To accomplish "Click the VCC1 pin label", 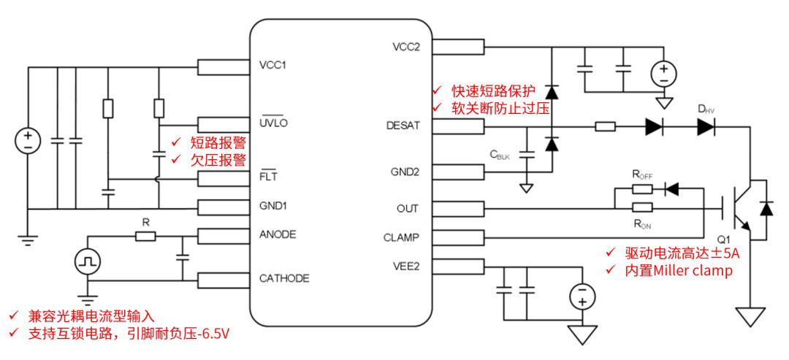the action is [x=272, y=66].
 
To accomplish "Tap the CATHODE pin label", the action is [x=283, y=278].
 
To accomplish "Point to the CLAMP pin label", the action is [x=400, y=237].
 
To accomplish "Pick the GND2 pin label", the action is [x=405, y=172].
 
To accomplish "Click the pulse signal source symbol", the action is [x=88, y=261].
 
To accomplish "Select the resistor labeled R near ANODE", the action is [x=145, y=237].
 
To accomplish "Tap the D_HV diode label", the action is [x=706, y=110].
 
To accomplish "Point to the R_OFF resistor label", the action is [x=641, y=175].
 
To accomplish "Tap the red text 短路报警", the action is [x=218, y=143].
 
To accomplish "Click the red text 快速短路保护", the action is [x=492, y=91].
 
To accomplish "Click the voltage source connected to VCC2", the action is [x=664, y=74].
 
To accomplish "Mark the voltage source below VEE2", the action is [x=582, y=296].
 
